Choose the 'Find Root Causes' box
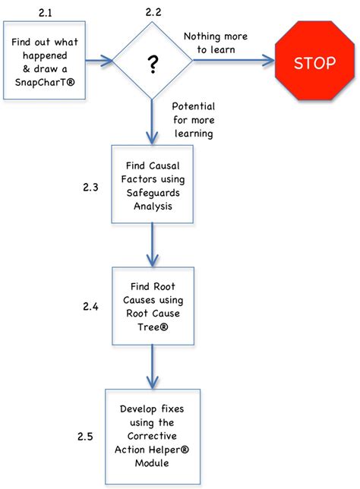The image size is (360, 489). click(x=155, y=303)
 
